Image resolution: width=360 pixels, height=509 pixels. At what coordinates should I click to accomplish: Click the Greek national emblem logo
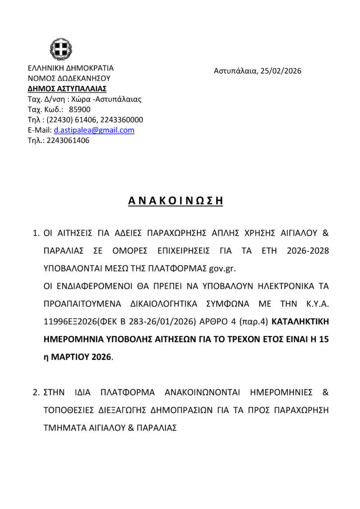point(61,49)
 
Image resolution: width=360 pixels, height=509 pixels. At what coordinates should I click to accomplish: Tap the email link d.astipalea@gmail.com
point(94,130)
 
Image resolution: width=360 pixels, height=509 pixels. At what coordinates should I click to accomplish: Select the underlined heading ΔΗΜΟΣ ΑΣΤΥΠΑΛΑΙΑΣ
point(67,88)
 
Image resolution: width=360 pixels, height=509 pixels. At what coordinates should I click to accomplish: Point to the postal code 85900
point(80,109)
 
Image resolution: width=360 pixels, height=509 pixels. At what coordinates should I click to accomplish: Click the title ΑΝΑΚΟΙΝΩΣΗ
point(175,201)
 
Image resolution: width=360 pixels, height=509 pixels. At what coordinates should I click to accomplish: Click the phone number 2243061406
point(68,141)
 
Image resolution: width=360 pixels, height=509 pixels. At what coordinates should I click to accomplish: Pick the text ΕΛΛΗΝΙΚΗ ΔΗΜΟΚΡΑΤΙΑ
point(71,68)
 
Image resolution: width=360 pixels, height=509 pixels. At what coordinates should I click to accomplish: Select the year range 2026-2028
point(308,251)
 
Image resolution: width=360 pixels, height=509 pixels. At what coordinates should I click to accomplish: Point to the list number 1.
point(35,233)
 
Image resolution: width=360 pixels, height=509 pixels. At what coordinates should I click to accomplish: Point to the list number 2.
point(35,392)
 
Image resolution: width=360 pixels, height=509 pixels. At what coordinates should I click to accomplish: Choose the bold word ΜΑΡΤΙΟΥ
point(71,357)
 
